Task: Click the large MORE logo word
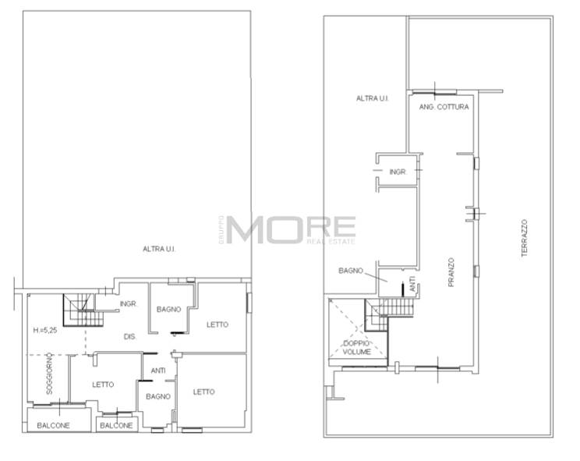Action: pyautogui.click(x=291, y=229)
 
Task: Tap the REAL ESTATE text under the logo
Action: pyautogui.click(x=331, y=242)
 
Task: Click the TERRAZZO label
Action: pyautogui.click(x=524, y=238)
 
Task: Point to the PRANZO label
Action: pyautogui.click(x=451, y=272)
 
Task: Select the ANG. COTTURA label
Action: pyautogui.click(x=444, y=107)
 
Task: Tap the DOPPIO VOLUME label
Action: pyautogui.click(x=356, y=348)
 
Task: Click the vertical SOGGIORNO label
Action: pyautogui.click(x=49, y=374)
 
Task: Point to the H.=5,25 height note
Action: pyautogui.click(x=45, y=330)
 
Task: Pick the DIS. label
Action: pyautogui.click(x=130, y=337)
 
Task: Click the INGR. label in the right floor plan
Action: pyautogui.click(x=398, y=172)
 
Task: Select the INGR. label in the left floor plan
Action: pyautogui.click(x=129, y=303)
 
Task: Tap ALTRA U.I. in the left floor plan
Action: pyautogui.click(x=159, y=249)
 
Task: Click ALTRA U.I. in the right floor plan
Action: pyautogui.click(x=373, y=98)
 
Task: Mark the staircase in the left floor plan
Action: pyautogui.click(x=83, y=310)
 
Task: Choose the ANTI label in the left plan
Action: pyautogui.click(x=158, y=371)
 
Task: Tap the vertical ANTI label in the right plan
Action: pyautogui.click(x=413, y=284)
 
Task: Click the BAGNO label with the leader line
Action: pyautogui.click(x=351, y=271)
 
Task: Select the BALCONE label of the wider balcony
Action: pyautogui.click(x=53, y=425)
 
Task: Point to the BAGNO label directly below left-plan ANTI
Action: pyautogui.click(x=158, y=396)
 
